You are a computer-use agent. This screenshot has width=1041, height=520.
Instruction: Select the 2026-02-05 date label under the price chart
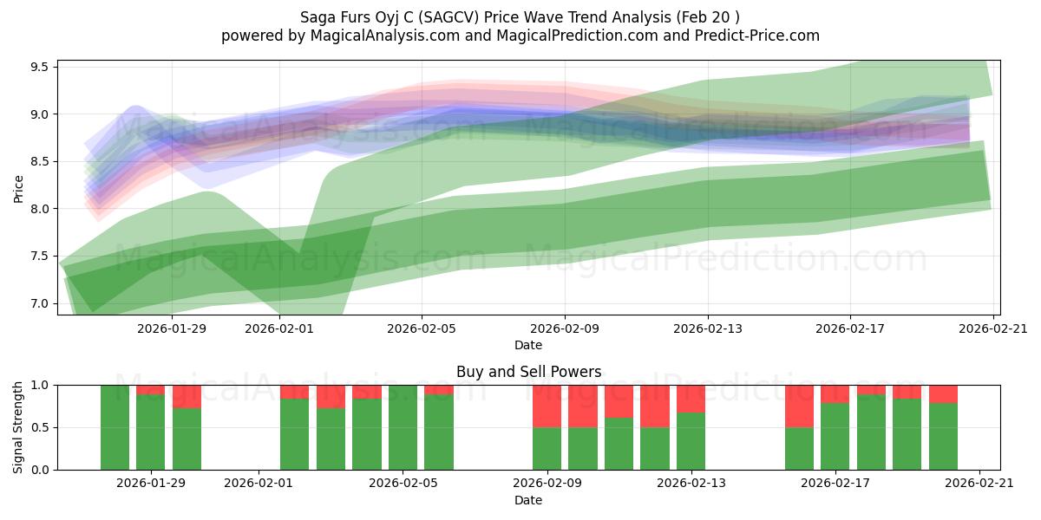coord(422,328)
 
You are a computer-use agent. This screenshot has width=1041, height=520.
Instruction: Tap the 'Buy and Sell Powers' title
coord(528,372)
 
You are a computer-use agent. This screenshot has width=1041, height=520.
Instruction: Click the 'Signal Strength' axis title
coord(19,427)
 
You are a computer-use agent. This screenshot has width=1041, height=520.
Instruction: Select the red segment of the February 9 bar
coord(547,406)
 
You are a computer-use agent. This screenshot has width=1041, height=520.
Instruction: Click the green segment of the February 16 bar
coord(799,448)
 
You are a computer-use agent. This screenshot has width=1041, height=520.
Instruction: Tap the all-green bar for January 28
coord(115,427)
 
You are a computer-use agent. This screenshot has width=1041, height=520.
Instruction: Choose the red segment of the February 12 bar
coord(655,406)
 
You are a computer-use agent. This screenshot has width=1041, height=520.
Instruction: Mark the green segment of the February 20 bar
coord(943,436)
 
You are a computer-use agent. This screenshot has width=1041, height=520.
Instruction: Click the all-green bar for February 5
coord(403,427)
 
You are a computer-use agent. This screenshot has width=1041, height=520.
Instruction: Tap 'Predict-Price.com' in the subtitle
coord(753,36)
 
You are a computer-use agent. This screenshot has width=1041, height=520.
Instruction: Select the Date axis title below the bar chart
coord(528,500)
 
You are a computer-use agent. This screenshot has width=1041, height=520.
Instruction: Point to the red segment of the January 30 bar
coord(187,396)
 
